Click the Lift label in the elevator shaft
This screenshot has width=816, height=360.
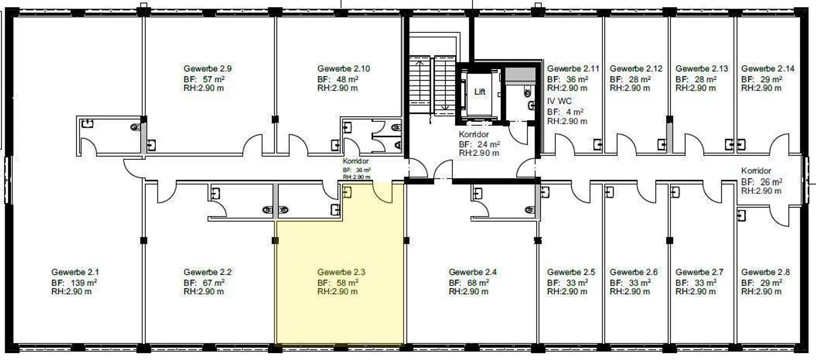click(479, 91)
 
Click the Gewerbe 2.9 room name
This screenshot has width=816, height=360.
click(207, 69)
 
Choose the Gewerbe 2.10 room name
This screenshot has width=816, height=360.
click(343, 69)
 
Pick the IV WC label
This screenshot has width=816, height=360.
click(559, 101)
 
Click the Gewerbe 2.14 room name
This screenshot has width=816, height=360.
click(767, 69)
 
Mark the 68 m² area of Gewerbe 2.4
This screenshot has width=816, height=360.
click(469, 282)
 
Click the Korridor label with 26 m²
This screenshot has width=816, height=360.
click(756, 171)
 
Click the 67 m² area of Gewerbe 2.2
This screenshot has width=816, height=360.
click(204, 282)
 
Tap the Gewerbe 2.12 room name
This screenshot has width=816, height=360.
click(636, 69)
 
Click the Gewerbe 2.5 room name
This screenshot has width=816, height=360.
click(571, 272)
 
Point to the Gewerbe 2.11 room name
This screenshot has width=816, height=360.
click(573, 69)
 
